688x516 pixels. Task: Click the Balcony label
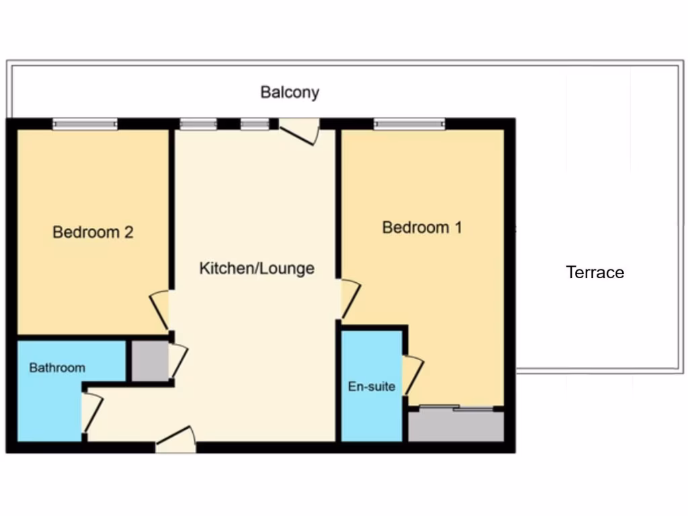(290, 92)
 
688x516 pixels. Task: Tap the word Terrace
(595, 272)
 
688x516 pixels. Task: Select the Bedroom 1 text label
(422, 227)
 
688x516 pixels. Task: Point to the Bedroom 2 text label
(93, 232)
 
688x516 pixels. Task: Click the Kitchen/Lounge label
(257, 269)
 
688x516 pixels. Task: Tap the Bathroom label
(57, 368)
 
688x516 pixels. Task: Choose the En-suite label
(371, 386)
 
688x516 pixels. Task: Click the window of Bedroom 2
(85, 124)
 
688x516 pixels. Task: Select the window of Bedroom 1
(409, 124)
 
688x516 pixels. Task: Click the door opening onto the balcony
(298, 130)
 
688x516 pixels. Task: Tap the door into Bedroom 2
(160, 310)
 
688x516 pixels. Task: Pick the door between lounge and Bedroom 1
(349, 298)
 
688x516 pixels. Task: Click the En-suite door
(411, 376)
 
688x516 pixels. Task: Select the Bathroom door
(91, 413)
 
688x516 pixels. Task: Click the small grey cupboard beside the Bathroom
(148, 361)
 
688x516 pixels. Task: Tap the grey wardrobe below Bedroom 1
(456, 425)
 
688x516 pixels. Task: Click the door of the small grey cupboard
(177, 361)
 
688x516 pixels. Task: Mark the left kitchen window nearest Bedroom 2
(198, 124)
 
